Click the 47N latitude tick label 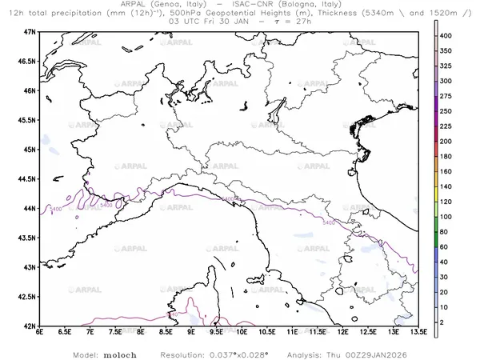[x=29, y=31]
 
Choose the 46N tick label [x=29, y=90]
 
